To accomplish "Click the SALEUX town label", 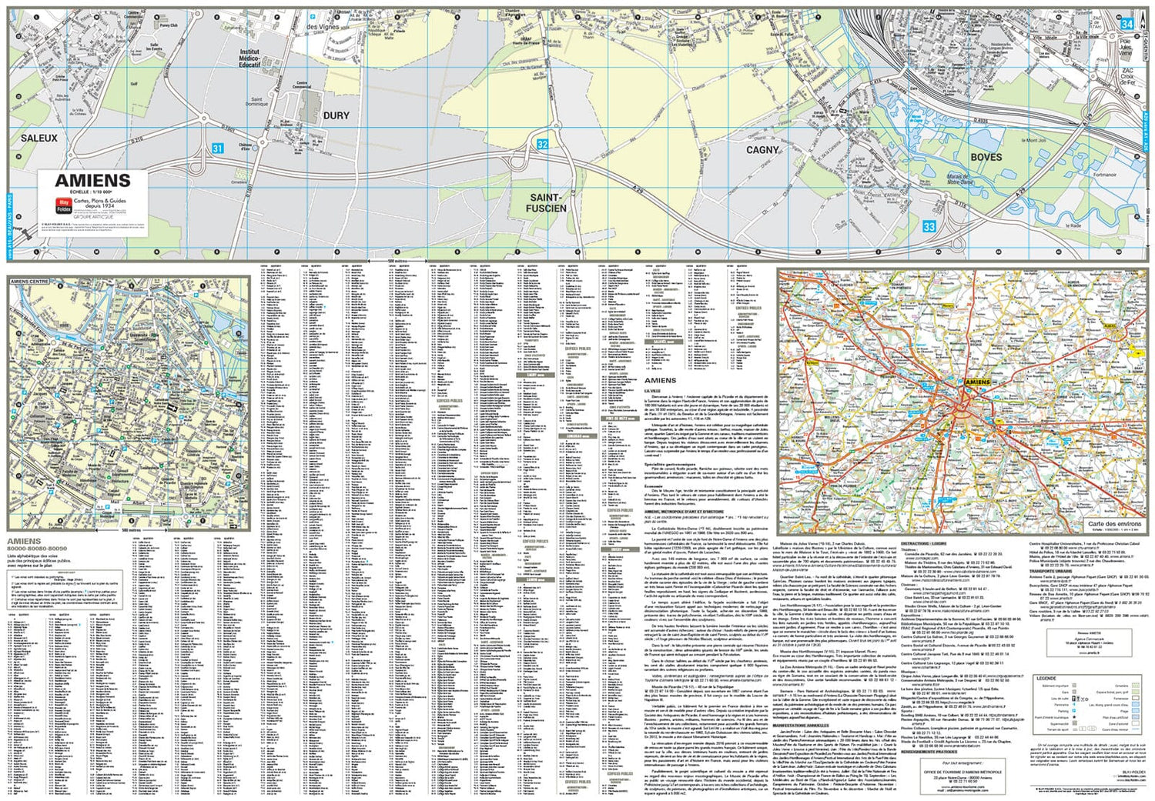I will coord(39,139).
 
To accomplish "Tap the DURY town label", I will coord(336,116).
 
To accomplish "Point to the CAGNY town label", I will coord(762,150).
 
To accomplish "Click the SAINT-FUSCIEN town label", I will coord(546,203).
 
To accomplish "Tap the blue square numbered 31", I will coord(218,149).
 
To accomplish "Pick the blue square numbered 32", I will coord(542,144).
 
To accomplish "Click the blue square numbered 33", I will coord(929,226).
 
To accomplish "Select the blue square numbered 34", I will coord(1127,25).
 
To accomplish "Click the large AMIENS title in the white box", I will coord(92,181).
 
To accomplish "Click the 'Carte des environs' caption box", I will coord(1114,524).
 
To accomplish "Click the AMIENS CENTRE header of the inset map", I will coord(29,282).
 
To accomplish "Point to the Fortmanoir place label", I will coord(1103,175).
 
